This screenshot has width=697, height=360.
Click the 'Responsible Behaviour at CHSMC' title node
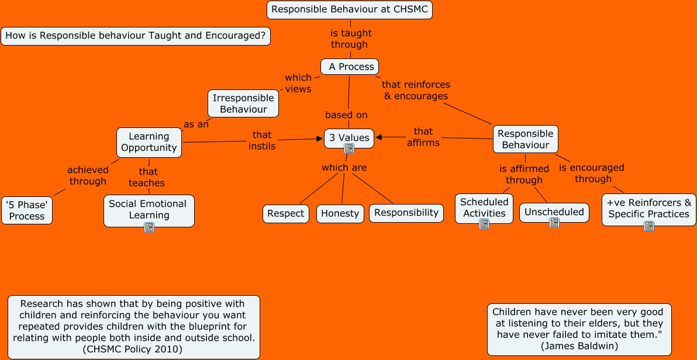(350, 9)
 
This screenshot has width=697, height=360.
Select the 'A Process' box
(350, 67)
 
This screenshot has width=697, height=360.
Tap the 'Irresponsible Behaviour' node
(243, 103)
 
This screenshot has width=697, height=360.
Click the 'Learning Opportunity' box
(149, 142)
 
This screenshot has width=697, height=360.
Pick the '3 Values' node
(349, 138)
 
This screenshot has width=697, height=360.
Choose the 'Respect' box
(285, 213)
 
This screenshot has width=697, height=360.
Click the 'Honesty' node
(340, 213)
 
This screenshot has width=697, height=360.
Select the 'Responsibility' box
(406, 213)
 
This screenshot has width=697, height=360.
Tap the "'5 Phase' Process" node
(27, 210)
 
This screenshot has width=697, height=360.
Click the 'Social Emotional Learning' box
(149, 209)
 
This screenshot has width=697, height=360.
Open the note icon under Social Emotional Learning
(149, 227)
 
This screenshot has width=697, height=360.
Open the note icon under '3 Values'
(349, 149)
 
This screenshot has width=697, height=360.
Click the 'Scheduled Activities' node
(484, 207)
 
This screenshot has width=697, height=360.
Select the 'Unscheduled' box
(554, 212)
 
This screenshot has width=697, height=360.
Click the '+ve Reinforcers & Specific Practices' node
(648, 208)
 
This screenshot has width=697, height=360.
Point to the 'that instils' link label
(262, 140)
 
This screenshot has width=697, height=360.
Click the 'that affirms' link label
(423, 137)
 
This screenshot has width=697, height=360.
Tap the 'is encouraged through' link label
(592, 173)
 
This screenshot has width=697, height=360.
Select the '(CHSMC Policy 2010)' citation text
(134, 349)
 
